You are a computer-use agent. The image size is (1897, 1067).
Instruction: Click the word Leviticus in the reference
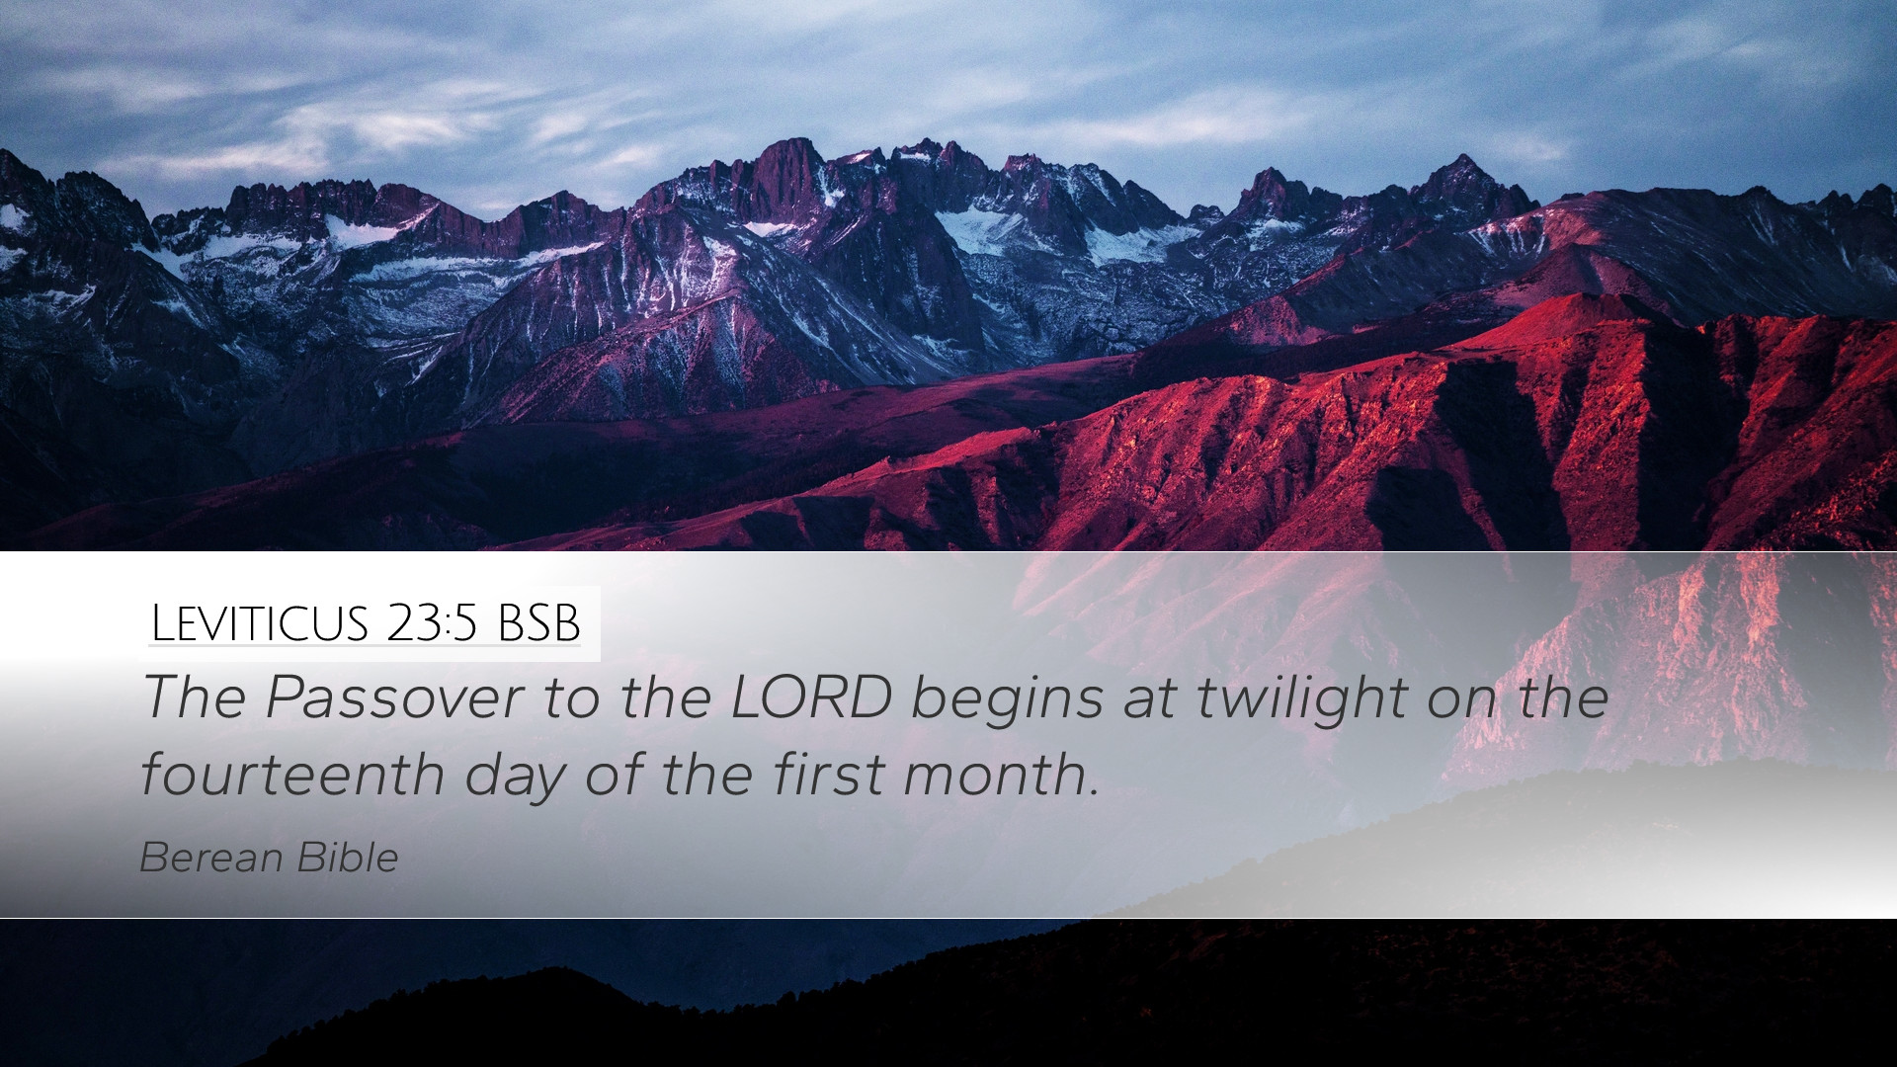pos(260,623)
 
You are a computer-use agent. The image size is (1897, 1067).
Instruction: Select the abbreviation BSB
pos(539,623)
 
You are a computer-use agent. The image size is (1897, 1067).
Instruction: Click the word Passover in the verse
pos(395,697)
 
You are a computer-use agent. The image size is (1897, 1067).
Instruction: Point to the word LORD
pos(812,697)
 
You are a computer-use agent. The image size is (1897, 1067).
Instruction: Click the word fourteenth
pos(292,774)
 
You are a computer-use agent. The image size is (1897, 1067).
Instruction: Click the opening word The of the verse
pos(194,697)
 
